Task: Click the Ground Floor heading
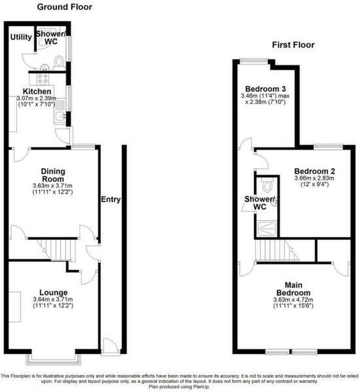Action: (64, 7)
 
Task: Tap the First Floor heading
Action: (293, 45)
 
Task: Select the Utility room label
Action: (21, 37)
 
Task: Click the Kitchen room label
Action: (37, 91)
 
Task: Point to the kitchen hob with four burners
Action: (43, 78)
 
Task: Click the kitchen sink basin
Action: (60, 116)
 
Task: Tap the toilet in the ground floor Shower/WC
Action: (59, 62)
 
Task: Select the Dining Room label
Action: (53, 175)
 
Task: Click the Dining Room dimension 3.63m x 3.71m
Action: (52, 186)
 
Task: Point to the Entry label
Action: (110, 199)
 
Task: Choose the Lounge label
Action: (53, 293)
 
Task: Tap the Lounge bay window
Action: (53, 360)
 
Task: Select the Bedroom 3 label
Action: (265, 89)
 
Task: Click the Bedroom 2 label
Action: (314, 171)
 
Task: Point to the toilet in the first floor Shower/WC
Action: (267, 185)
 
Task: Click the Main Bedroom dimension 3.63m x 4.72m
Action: (293, 299)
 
